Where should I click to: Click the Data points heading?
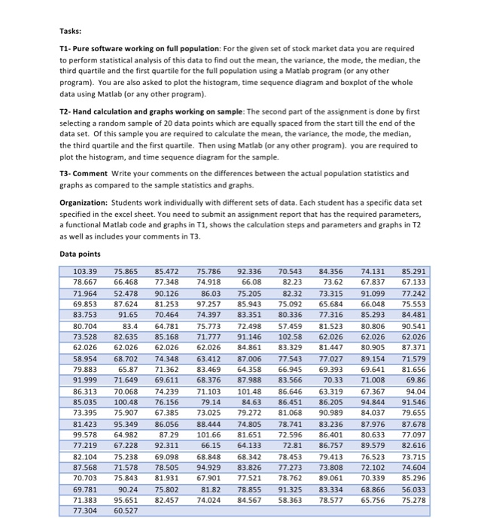pyautogui.click(x=81, y=254)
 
